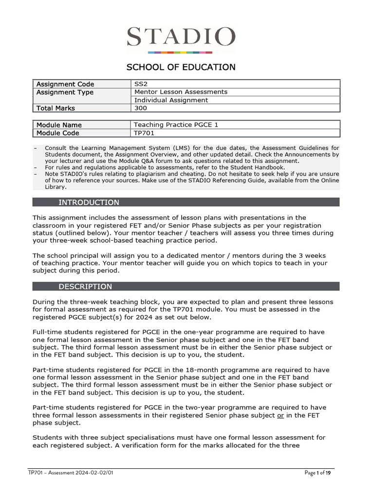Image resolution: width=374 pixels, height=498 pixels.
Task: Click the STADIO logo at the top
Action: [x=181, y=37]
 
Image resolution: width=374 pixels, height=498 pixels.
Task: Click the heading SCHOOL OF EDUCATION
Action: [x=181, y=67]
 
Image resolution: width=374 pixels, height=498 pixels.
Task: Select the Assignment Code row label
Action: [x=65, y=84]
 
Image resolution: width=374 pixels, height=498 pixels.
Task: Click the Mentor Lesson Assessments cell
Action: [x=181, y=92]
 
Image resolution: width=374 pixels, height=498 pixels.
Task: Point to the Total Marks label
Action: [x=56, y=108]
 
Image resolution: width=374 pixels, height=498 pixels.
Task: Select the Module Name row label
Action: [x=59, y=125]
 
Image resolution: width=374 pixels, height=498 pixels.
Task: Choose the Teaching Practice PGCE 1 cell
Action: [x=176, y=125]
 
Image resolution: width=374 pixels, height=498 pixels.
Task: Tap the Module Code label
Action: [x=57, y=133]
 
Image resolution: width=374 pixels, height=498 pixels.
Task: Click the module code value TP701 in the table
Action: [x=144, y=133]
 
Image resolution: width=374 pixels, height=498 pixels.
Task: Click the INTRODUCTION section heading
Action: [x=89, y=202]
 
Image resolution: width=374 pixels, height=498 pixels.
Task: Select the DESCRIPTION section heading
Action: [x=85, y=286]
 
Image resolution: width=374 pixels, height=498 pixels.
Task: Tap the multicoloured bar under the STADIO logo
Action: [x=180, y=52]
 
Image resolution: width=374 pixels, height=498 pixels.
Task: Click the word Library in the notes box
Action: [x=55, y=186]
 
